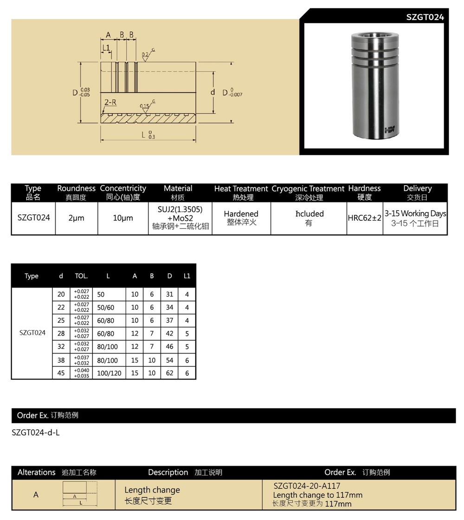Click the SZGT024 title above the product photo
click(425, 17)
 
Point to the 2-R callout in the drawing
click(110, 102)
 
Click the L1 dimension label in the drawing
click(106, 47)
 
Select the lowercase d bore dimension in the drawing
click(213, 92)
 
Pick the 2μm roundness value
click(76, 218)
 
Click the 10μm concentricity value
click(122, 218)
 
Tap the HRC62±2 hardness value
click(364, 218)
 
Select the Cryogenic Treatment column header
click(308, 189)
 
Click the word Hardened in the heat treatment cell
click(241, 214)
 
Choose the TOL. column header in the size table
click(81, 276)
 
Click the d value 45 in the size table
click(61, 372)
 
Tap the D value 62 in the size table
click(169, 373)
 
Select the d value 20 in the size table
click(61, 294)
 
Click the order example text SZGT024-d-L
click(36, 433)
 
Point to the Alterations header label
click(36, 472)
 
